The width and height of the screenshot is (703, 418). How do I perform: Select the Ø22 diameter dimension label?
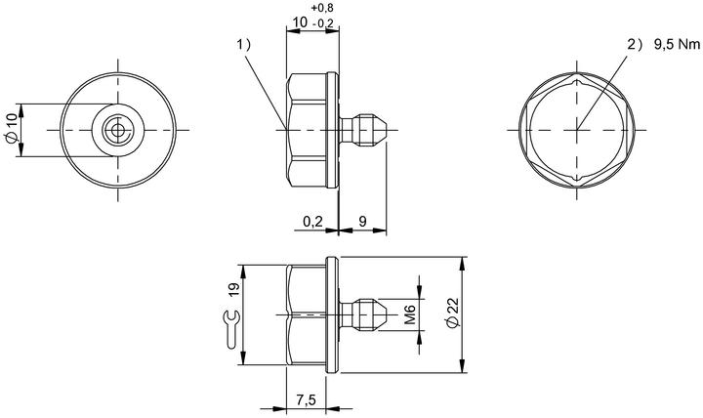click(453, 313)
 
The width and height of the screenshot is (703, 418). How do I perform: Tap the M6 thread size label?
click(410, 313)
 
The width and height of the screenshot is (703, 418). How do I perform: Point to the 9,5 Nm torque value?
click(677, 44)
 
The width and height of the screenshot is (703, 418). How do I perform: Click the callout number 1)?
click(244, 44)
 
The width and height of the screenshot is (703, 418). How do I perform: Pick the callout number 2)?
click(635, 44)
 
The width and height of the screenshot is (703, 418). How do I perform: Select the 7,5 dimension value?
click(307, 399)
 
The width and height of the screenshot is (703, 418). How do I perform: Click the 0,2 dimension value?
click(312, 221)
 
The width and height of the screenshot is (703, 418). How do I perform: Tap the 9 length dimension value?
click(362, 221)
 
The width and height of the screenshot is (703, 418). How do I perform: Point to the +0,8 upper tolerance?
click(322, 8)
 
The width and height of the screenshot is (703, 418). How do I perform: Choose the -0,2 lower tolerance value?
click(323, 23)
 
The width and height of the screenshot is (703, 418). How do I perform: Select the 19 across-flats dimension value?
click(234, 289)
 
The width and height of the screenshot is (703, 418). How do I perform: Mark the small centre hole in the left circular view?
click(118, 130)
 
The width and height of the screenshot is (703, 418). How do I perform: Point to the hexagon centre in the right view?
click(577, 130)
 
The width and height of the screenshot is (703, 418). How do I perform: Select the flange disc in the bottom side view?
click(332, 314)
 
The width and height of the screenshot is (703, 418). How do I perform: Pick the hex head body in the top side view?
click(307, 130)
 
